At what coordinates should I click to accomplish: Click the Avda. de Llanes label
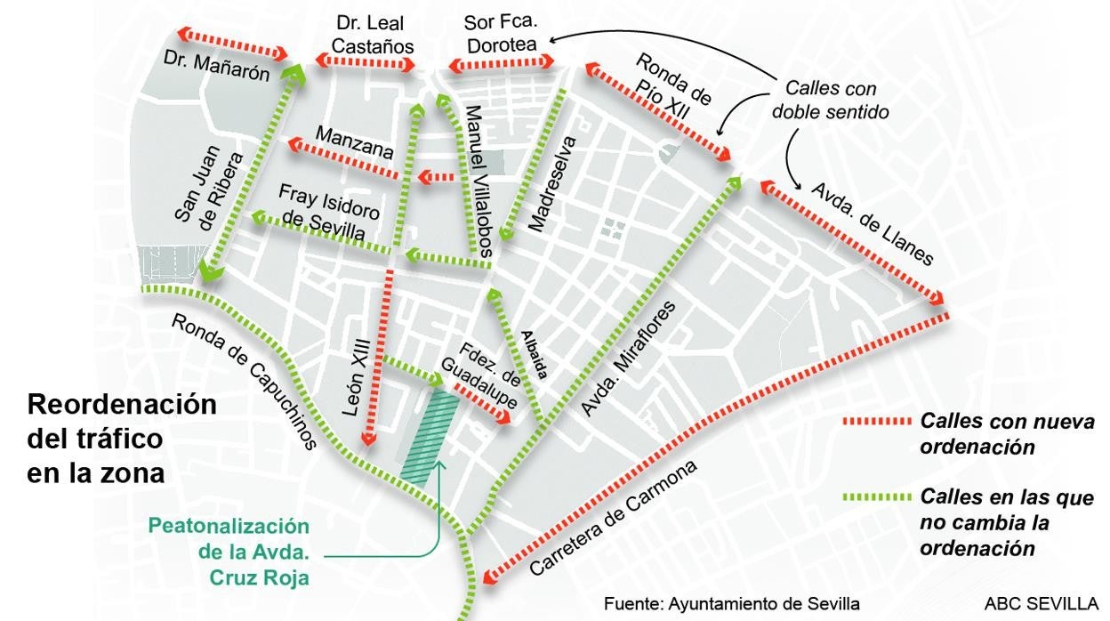871,223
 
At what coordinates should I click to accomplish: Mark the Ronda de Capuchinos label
244,382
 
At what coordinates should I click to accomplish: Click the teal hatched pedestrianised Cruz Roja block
430,438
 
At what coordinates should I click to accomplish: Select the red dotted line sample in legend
876,423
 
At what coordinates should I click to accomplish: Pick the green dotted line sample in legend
876,496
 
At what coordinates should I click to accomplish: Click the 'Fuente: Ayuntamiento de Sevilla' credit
731,604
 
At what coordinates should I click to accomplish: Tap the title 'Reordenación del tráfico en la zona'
122,439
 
